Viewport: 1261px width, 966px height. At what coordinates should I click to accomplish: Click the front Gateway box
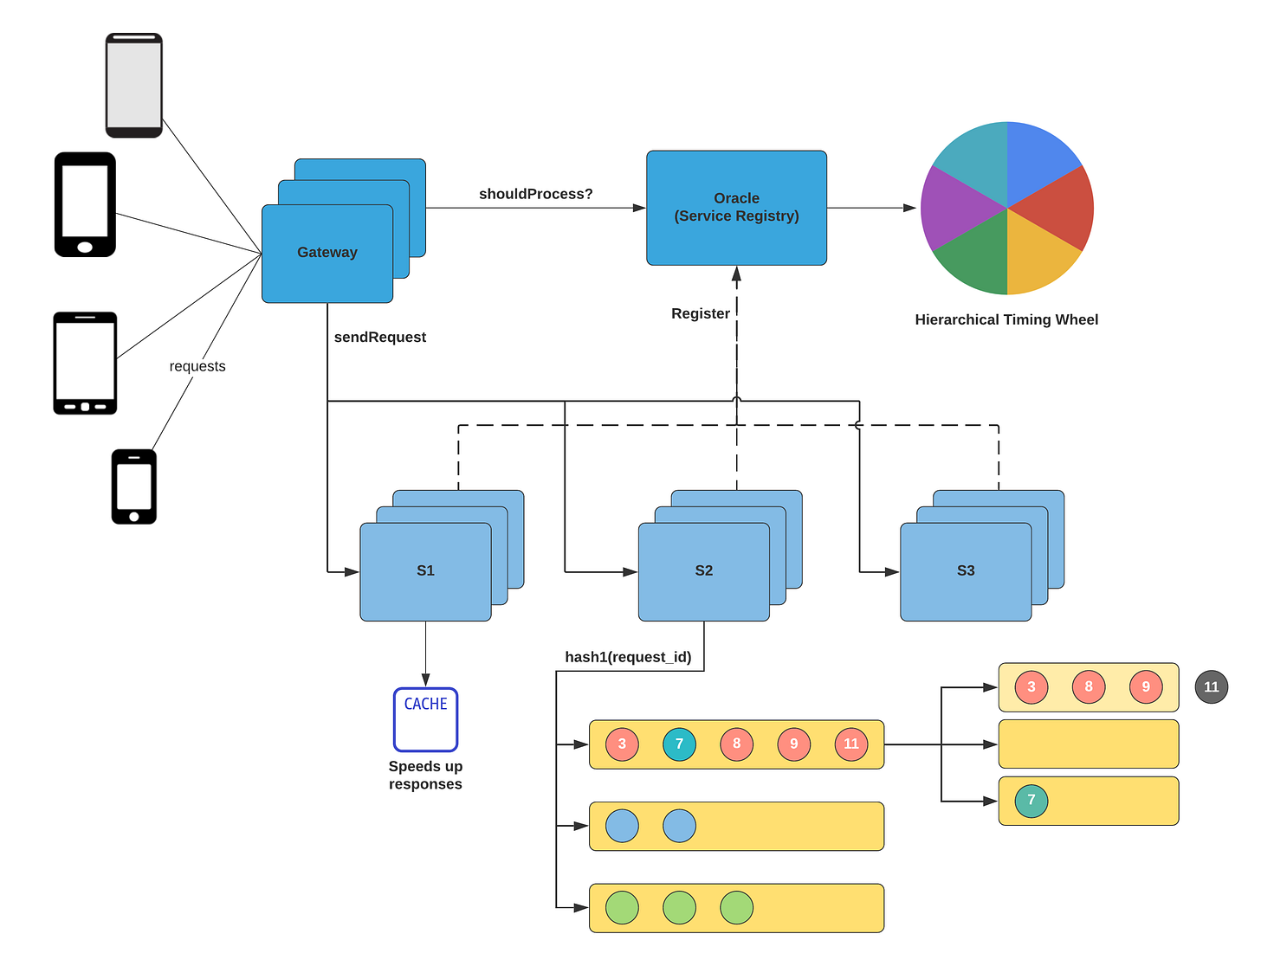327,253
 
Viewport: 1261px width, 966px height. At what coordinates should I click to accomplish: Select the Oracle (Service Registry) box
736,208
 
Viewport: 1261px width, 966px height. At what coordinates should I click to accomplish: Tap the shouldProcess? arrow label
535,194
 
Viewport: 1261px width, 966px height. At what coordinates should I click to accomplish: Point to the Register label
700,313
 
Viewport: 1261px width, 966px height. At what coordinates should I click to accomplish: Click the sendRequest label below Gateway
379,337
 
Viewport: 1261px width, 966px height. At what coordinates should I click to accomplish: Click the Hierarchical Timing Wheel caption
1006,319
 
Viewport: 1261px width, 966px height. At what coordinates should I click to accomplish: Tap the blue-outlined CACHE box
425,719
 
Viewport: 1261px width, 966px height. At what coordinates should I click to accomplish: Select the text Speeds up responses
425,775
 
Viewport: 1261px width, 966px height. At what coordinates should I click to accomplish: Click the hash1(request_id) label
628,657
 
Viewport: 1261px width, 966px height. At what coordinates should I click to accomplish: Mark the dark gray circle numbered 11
1211,687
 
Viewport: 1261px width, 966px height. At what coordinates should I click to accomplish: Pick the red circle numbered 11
850,744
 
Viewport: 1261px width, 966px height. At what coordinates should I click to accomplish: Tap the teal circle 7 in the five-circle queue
679,744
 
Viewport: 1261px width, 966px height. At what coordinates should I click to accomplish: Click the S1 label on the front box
425,570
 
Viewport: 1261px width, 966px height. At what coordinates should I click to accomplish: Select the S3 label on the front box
966,570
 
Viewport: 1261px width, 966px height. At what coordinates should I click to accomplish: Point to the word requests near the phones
197,366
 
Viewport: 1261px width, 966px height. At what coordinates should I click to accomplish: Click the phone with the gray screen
134,85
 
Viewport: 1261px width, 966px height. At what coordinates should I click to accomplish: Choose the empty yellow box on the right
1089,744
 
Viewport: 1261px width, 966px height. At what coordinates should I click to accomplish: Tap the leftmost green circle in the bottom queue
622,908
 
